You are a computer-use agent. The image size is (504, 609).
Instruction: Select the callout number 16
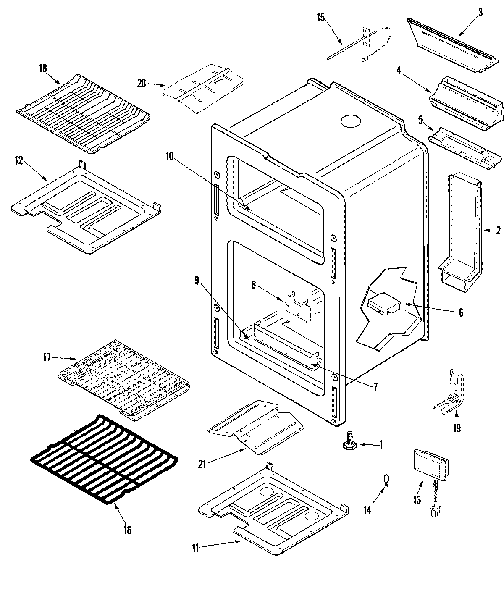click(127, 530)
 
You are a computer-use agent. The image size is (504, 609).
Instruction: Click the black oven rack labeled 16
click(105, 458)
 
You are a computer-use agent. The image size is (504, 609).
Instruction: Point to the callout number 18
click(43, 69)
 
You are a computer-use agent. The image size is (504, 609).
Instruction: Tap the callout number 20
click(141, 83)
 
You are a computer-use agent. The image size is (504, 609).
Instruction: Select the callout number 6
click(461, 312)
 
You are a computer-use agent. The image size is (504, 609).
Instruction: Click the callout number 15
click(321, 18)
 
